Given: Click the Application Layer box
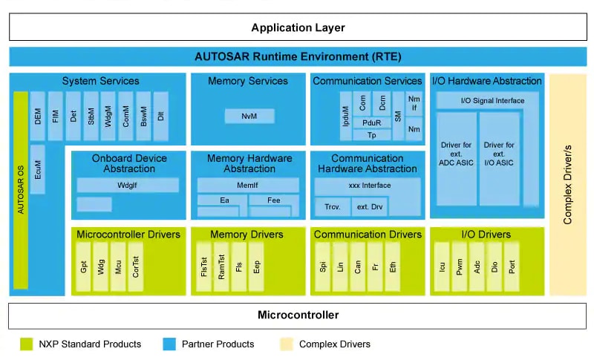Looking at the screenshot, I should point(298,27).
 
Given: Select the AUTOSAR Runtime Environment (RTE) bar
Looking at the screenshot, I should point(298,56).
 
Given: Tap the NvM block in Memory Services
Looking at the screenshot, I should point(249,117).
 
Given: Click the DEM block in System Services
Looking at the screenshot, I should point(37,117).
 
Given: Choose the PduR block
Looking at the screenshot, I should point(367,122).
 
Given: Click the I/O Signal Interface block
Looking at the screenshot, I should point(488,101).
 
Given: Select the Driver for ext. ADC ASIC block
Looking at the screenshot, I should point(457,159).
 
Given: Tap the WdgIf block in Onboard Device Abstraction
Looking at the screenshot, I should point(128,185).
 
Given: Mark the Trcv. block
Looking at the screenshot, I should point(331,207).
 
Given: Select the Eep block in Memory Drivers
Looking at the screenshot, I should point(256,266).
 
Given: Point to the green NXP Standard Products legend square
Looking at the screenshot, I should point(27,344).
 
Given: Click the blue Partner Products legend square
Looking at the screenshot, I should point(169,344).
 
